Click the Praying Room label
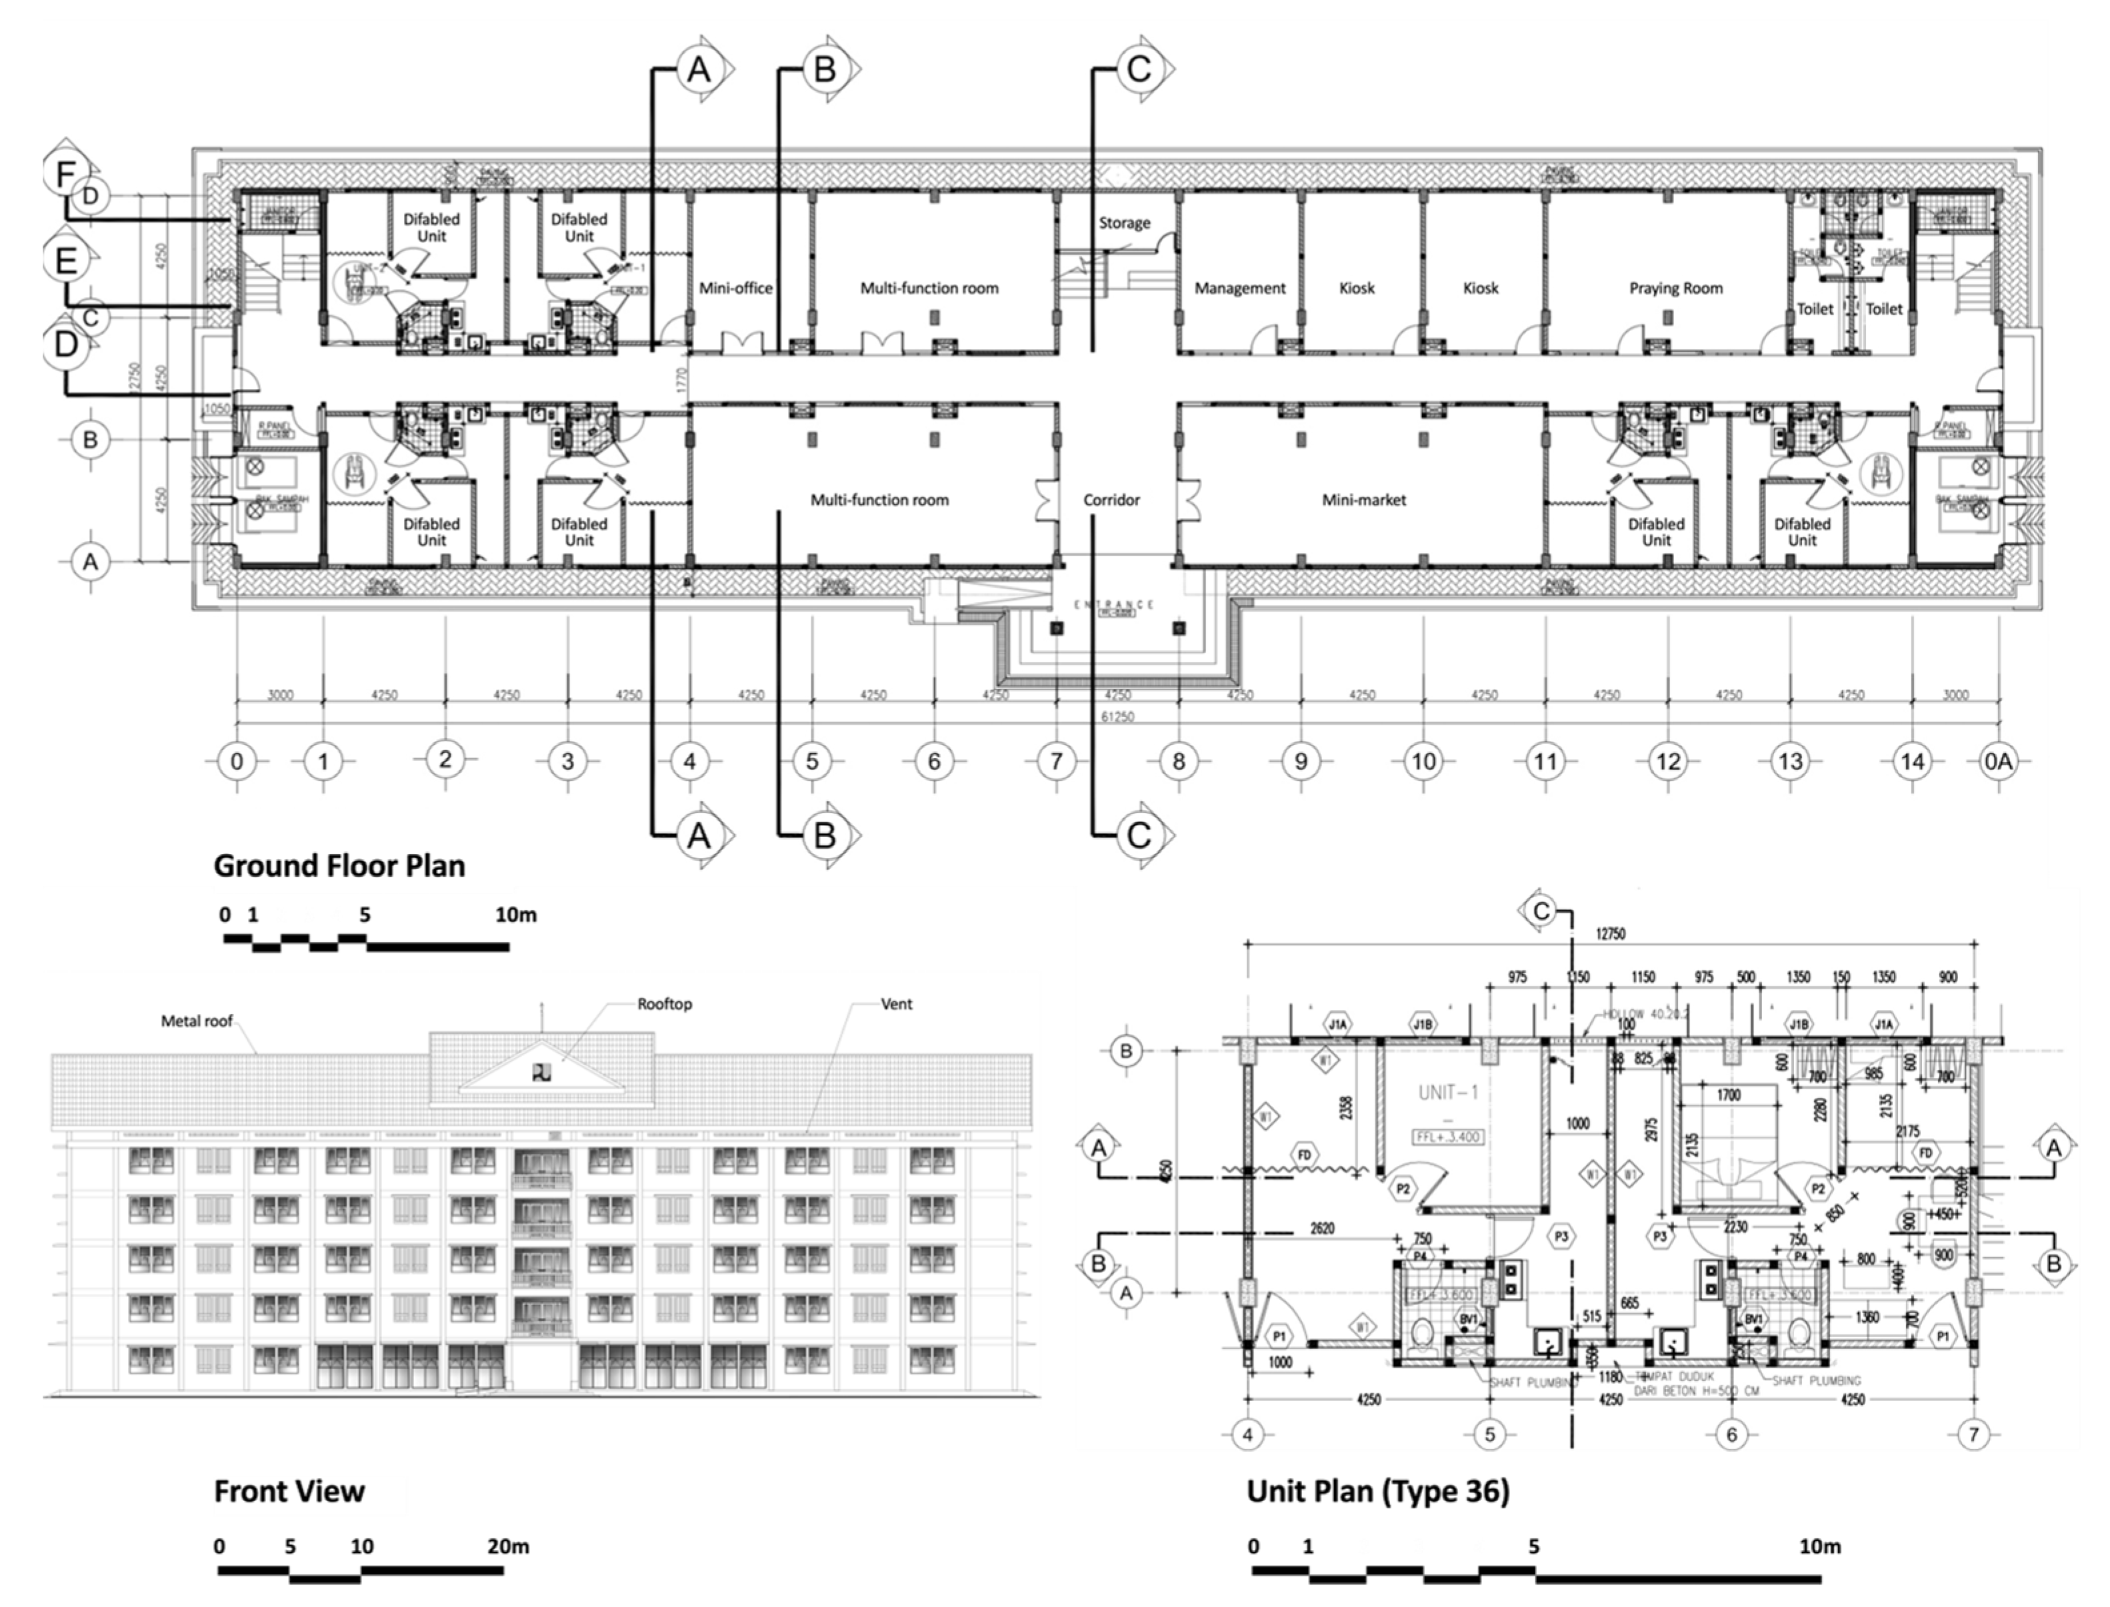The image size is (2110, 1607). pos(1675,288)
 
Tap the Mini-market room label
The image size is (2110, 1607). pos(1363,499)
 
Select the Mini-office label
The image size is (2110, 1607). pos(735,288)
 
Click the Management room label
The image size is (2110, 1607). pos(1239,288)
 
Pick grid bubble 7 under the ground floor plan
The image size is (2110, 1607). pos(1057,762)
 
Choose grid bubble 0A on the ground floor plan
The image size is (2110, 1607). pos(1998,762)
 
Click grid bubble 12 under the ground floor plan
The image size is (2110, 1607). pos(1668,762)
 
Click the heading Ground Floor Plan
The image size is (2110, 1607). pos(339,865)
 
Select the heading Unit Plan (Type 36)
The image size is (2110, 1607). pos(1377,1490)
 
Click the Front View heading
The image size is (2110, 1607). pos(289,1490)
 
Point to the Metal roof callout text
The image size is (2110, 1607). pos(196,1021)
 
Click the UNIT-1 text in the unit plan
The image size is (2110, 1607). pos(1449,1093)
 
